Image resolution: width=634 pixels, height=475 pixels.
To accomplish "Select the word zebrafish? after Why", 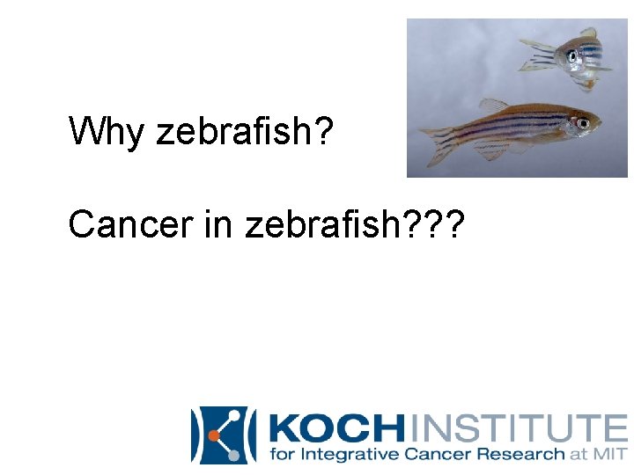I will (x=244, y=132).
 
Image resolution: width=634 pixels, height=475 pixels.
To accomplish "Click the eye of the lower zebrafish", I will (x=582, y=123).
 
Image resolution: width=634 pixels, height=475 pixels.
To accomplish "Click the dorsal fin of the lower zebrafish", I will (x=495, y=105).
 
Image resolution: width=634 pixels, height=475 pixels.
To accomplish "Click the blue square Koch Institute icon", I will (x=222, y=434).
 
